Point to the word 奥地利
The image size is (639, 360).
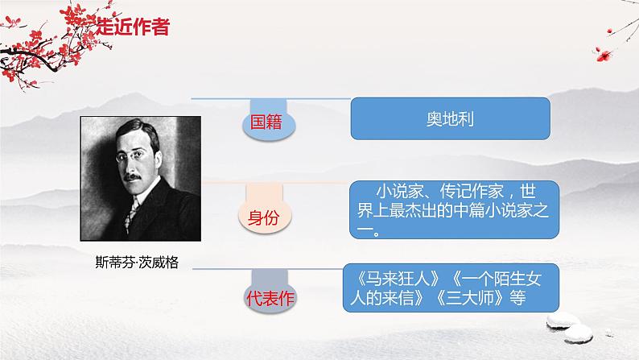pyautogui.click(x=449, y=118)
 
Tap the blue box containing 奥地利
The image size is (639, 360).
pyautogui.click(x=449, y=118)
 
